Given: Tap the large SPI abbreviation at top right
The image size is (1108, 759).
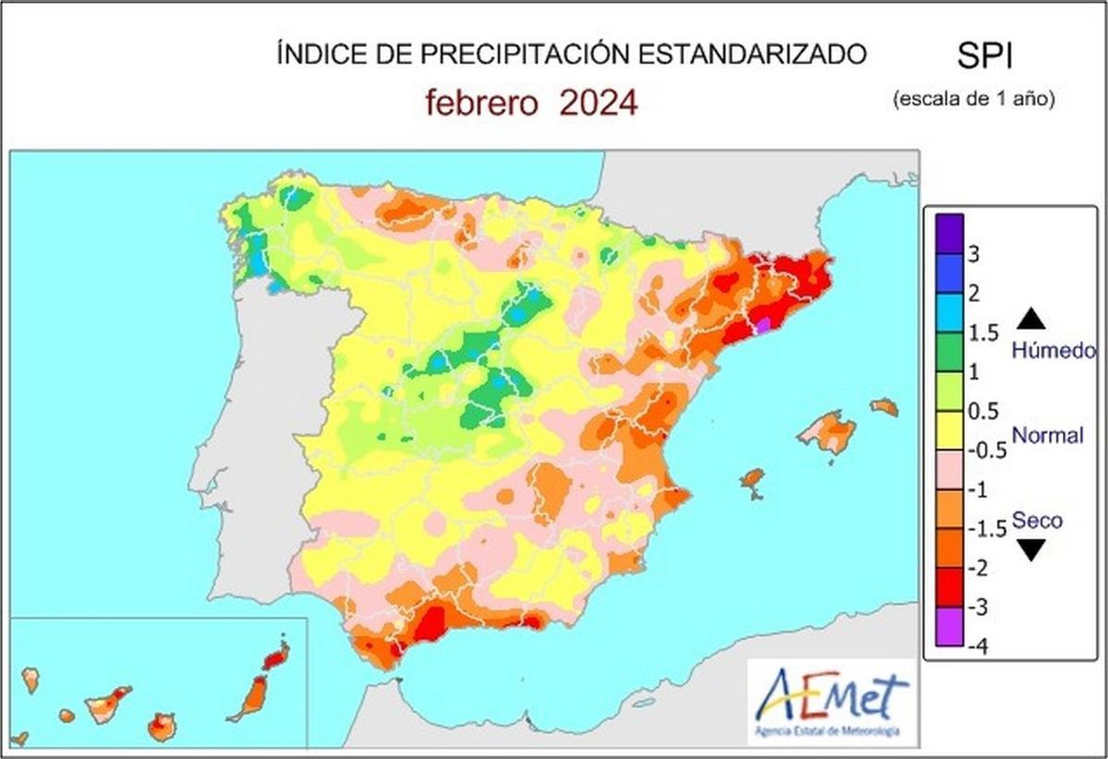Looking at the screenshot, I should (x=984, y=57).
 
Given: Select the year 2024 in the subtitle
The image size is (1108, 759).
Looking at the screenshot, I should (x=598, y=102).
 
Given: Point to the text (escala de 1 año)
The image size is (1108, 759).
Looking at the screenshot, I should (x=973, y=98).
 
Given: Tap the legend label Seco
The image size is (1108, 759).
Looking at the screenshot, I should (x=1037, y=520).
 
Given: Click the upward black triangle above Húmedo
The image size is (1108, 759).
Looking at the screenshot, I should (x=1032, y=319).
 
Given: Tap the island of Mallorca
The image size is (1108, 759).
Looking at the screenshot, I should (x=828, y=432).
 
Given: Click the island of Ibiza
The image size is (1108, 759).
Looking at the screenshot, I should (x=753, y=480).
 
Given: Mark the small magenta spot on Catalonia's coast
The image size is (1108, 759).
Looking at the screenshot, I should (x=764, y=325).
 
